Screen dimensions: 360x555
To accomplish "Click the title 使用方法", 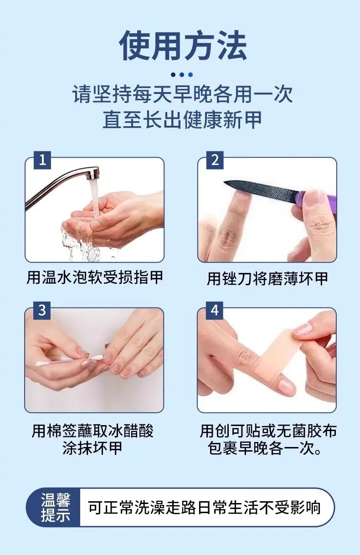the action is coord(183,46).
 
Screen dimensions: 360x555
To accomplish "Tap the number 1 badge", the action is coord(42,160).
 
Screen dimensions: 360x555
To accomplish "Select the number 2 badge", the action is coord(215,160).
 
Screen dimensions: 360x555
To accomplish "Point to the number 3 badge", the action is coord(42,310).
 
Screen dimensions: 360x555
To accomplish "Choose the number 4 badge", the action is coord(215,310).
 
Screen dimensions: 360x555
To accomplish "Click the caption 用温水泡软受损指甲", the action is coord(94,278).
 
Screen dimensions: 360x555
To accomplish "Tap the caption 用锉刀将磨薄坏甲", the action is coord(267,279).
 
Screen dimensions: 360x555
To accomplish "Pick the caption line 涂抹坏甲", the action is coord(93,449).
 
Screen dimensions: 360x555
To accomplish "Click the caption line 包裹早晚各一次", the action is coord(265,449).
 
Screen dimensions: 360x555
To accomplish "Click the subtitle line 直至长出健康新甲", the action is coord(182,120).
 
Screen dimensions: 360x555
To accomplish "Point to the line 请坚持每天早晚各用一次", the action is coord(183,94).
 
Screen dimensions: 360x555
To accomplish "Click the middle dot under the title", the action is coord(182,75).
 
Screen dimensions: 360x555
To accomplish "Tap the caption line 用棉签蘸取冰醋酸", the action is coord(93,431).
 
